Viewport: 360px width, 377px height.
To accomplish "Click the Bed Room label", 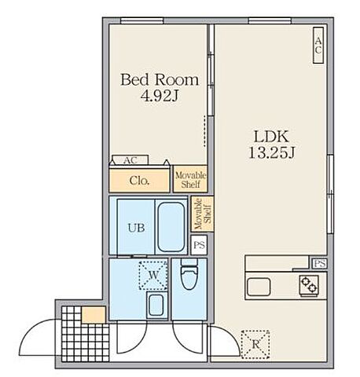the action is point(160,79).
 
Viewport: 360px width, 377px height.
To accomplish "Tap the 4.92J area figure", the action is point(160,96).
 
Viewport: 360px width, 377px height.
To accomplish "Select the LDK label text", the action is point(271,136).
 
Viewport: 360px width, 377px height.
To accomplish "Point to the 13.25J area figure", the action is point(271,152).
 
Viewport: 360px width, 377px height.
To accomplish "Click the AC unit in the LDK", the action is point(318,46).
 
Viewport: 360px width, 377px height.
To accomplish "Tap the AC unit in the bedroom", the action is point(130,159).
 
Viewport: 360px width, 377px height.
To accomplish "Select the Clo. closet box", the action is point(139,181).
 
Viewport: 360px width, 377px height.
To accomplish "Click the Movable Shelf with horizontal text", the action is point(190,179).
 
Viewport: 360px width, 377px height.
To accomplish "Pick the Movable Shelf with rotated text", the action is point(202,214).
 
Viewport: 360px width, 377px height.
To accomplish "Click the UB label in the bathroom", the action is point(136,228).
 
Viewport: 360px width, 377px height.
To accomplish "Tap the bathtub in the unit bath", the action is point(171,227).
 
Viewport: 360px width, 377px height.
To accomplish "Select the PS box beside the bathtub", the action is point(199,245).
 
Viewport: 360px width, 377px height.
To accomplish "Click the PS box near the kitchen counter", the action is point(319,263).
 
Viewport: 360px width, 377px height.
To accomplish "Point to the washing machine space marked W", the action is point(153,275).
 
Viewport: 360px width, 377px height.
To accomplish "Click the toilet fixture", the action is point(189,274).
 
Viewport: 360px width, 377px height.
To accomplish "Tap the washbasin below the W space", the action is point(156,305).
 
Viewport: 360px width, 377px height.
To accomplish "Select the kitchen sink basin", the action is point(259,287).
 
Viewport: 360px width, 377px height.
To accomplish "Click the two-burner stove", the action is point(309,285).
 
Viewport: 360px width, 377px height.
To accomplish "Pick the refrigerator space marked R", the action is point(255,344).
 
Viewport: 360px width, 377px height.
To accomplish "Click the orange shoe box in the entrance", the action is point(94,315).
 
